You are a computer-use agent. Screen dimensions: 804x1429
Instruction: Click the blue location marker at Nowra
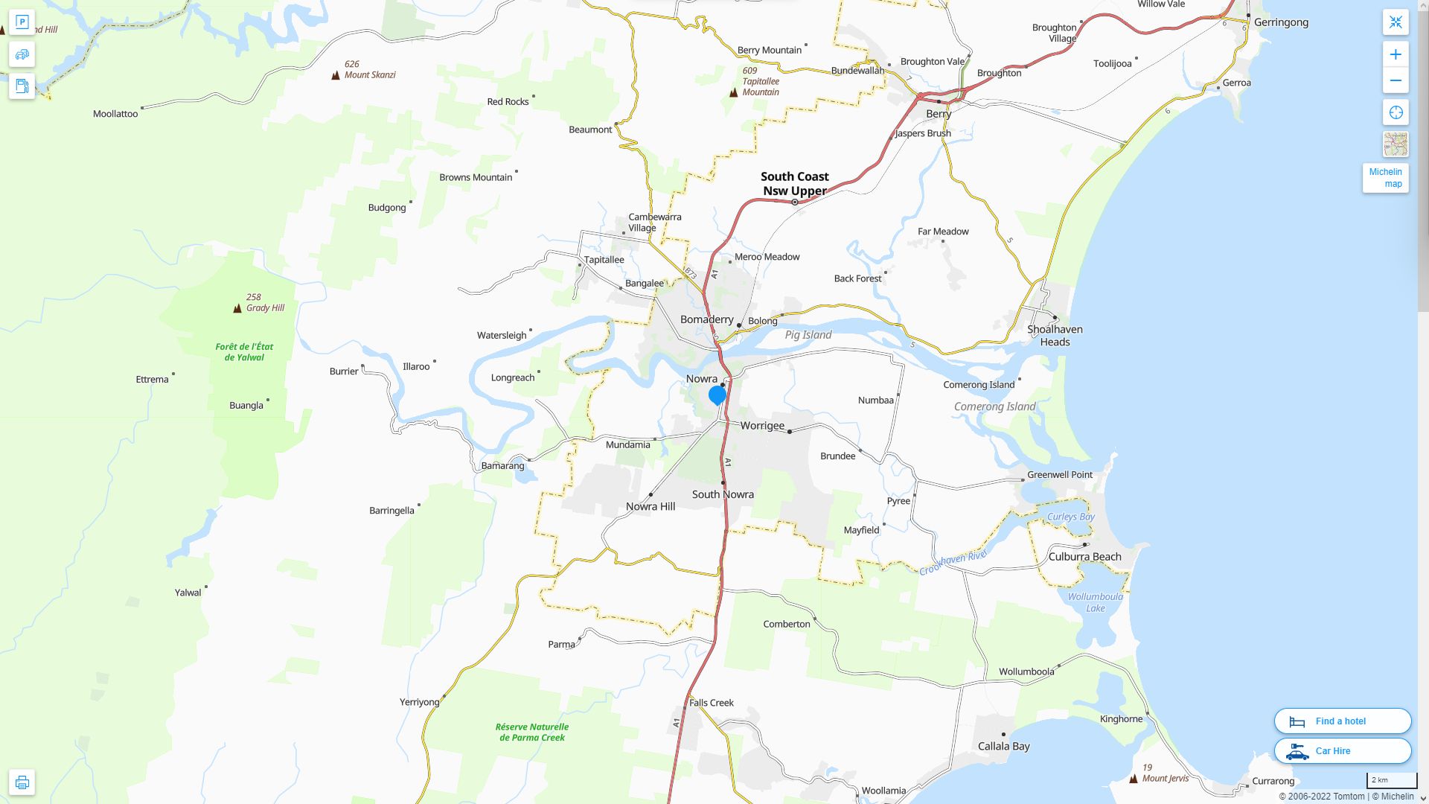[x=717, y=395]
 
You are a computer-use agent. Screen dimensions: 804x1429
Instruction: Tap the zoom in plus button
[x=1396, y=54]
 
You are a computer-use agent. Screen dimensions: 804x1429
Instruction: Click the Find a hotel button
[x=1342, y=721]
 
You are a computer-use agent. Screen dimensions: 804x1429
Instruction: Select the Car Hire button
[x=1342, y=750]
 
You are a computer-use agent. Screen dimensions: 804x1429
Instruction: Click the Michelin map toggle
[x=1385, y=178]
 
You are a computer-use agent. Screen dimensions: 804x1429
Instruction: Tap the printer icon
[x=22, y=782]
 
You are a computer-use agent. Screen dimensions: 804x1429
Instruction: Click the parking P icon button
[x=22, y=22]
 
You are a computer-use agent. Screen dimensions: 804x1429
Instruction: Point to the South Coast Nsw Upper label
[x=794, y=183]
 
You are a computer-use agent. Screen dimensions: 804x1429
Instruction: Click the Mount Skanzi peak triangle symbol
[x=336, y=75]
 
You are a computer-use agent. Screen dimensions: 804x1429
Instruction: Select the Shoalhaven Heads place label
[x=1055, y=335]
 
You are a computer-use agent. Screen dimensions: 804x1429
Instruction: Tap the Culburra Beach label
[x=1084, y=556]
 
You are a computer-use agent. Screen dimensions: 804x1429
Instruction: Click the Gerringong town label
[x=1281, y=22]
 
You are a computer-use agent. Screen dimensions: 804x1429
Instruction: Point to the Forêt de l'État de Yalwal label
[x=244, y=351]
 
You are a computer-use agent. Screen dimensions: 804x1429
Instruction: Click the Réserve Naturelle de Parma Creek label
[x=532, y=732]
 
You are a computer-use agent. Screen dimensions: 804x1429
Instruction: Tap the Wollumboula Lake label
[x=1095, y=602]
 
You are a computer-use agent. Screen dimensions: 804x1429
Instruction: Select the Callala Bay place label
[x=1003, y=746]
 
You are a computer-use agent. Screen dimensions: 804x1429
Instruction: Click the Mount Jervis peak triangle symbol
[x=1134, y=779]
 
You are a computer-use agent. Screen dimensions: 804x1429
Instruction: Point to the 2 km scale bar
[x=1391, y=781]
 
